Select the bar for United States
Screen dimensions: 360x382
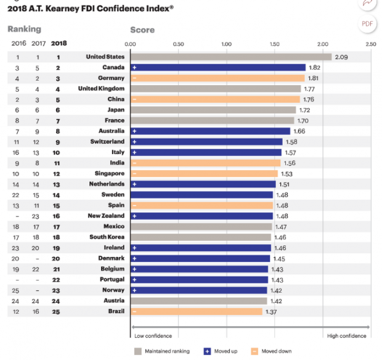pos(231,57)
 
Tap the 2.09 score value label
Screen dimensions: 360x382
pos(341,57)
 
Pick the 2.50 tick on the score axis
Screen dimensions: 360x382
pos(370,44)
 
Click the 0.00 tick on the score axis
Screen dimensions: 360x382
pos(131,44)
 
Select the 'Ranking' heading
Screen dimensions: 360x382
pos(24,29)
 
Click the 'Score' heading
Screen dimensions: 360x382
pos(142,30)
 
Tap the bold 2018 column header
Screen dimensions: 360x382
pos(59,44)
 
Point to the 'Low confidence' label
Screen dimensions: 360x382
pos(153,336)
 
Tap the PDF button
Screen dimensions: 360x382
pos(368,23)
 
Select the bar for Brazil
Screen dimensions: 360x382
pos(197,311)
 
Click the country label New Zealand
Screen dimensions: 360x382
pos(105,216)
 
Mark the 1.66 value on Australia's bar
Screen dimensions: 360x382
pos(299,131)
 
